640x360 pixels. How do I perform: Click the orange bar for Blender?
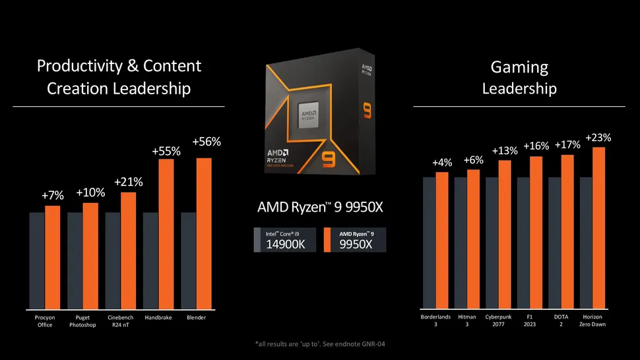click(x=204, y=233)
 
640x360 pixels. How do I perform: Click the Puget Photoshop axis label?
click(x=82, y=321)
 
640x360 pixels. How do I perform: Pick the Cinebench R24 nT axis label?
click(x=120, y=321)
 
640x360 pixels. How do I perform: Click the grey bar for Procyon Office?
click(x=37, y=260)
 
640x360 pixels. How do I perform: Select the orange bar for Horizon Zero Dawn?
click(x=598, y=227)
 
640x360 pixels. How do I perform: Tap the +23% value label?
click(x=598, y=138)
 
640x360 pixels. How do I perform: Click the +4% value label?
click(x=442, y=162)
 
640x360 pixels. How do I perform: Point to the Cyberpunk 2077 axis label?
click(x=498, y=320)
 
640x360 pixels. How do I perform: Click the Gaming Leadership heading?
click(x=519, y=77)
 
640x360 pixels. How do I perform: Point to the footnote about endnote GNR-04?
click(x=320, y=345)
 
